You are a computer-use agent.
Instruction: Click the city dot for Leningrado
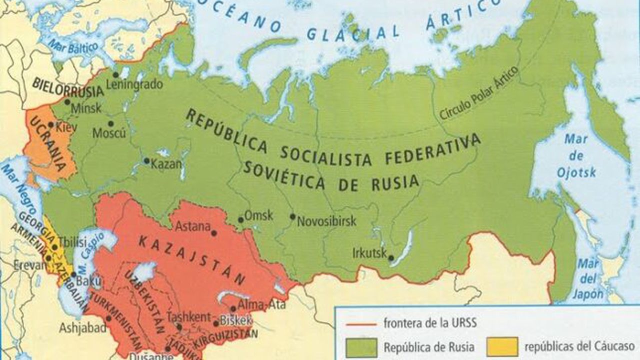pyautogui.click(x=115, y=74)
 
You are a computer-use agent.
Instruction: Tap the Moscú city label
pyautogui.click(x=109, y=133)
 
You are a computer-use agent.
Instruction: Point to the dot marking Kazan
pyautogui.click(x=146, y=161)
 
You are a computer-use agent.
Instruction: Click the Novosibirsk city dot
pyautogui.click(x=292, y=217)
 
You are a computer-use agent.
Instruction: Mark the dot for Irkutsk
pyautogui.click(x=391, y=258)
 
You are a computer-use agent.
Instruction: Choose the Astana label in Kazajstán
pyautogui.click(x=192, y=226)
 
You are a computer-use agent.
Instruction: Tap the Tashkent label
pyautogui.click(x=188, y=316)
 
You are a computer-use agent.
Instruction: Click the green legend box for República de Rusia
pyautogui.click(x=361, y=346)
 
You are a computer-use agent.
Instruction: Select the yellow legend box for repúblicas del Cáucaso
pyautogui.click(x=502, y=346)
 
